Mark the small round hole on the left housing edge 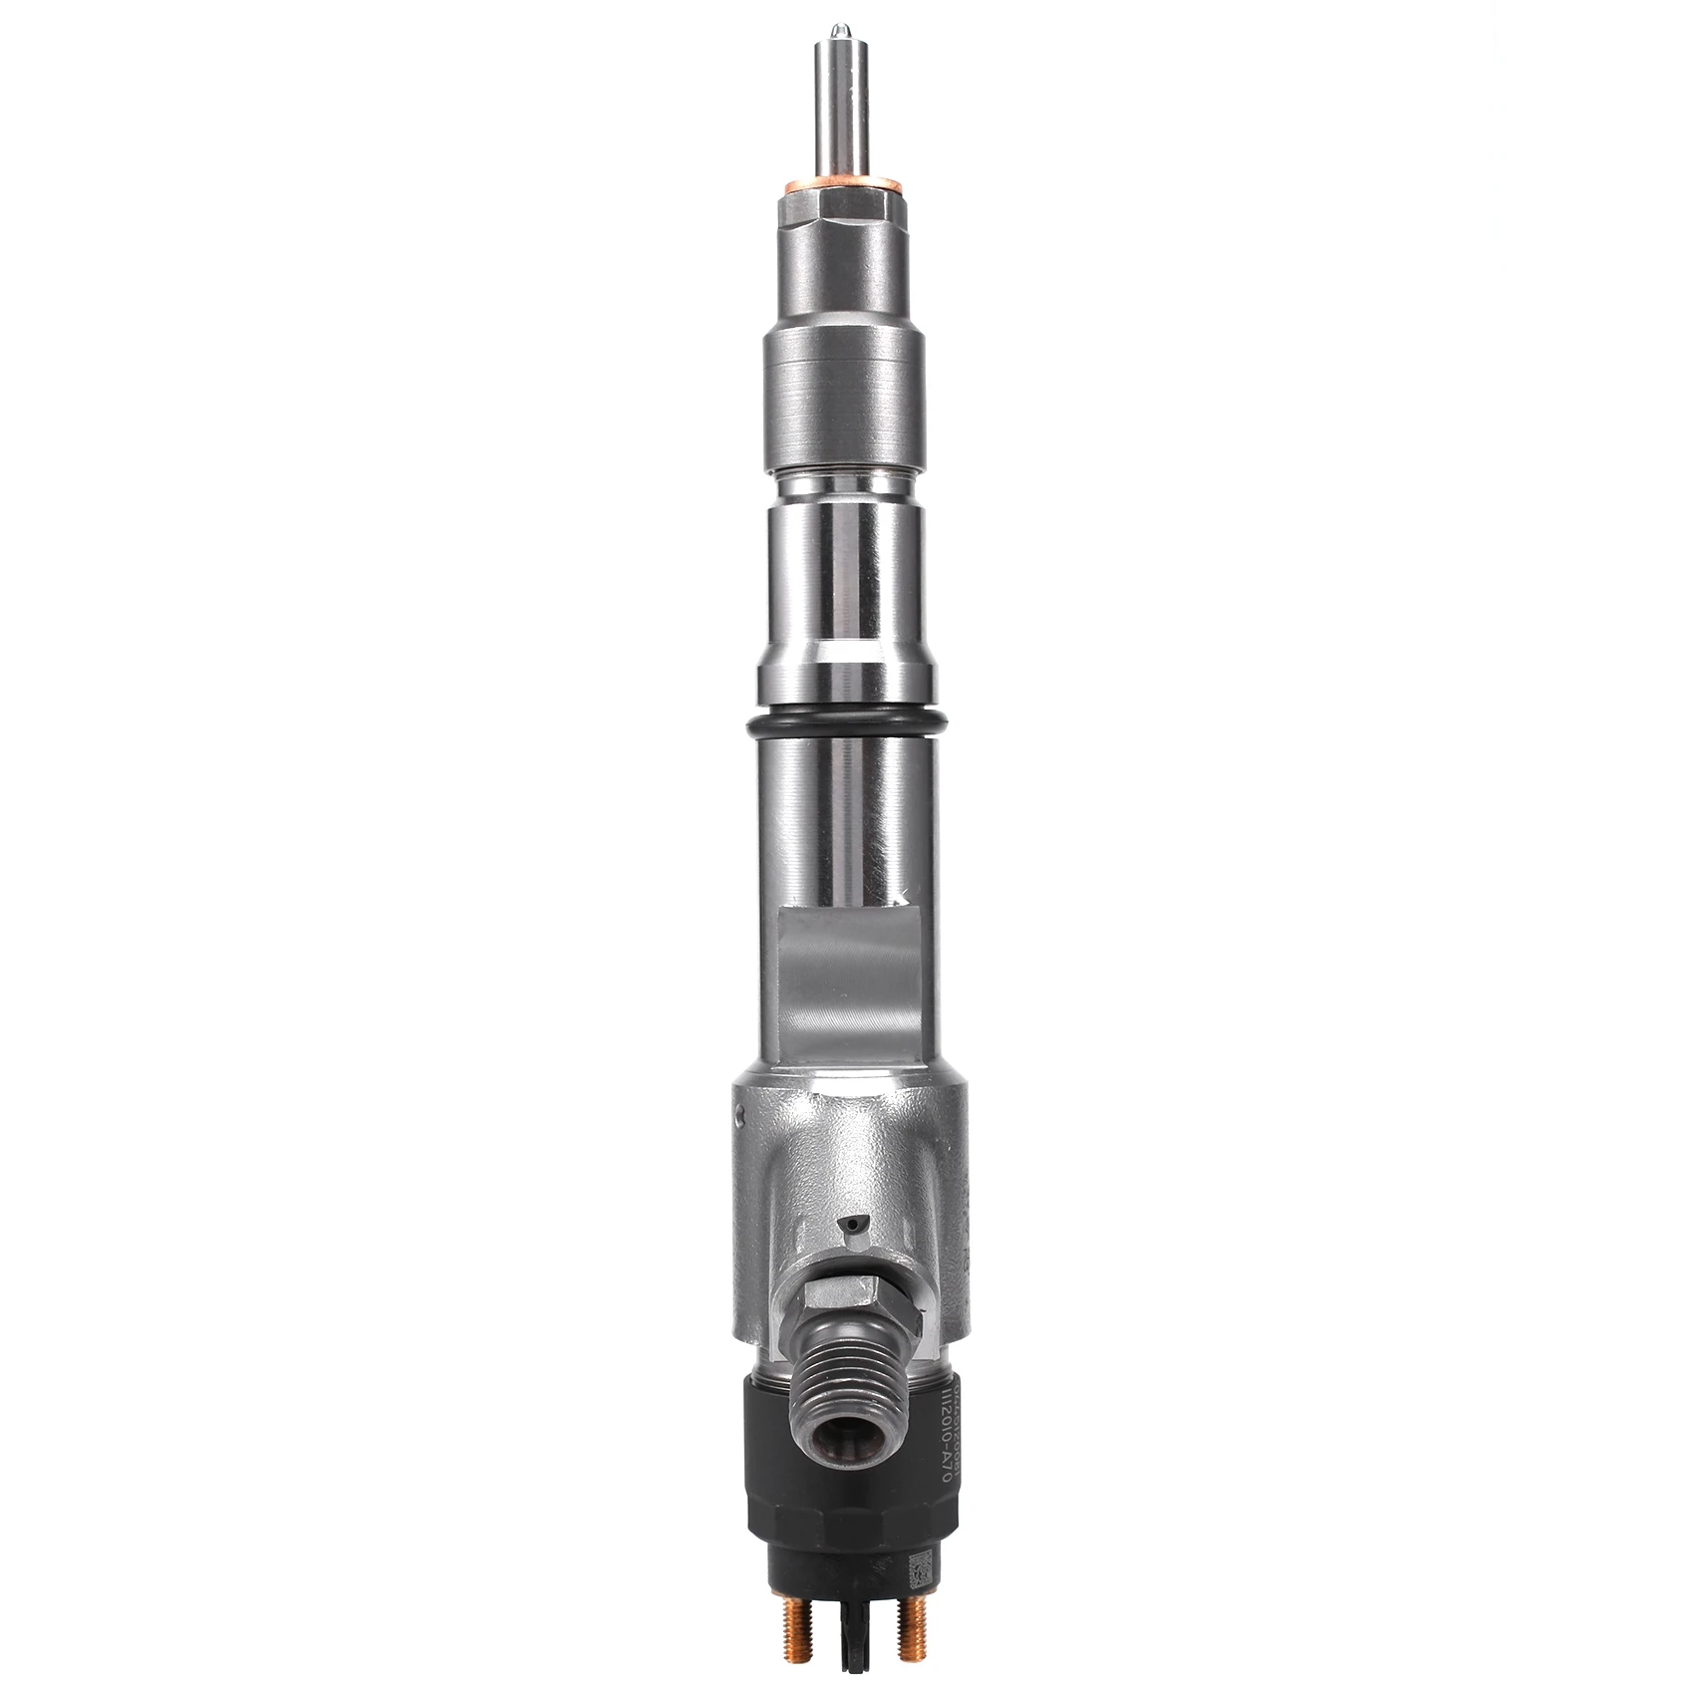(739, 1116)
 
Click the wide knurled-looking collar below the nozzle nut (843, 399)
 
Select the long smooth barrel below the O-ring (843, 817)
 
